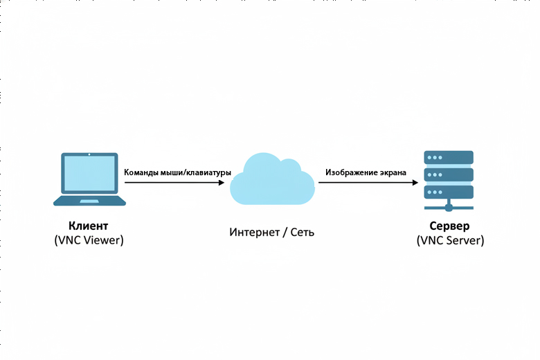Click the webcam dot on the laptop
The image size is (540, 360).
89,153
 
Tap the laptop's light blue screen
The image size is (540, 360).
89,174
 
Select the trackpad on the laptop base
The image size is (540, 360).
89,201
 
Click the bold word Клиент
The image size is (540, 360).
89,226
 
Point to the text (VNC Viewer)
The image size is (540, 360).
89,240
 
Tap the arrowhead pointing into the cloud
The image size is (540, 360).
220,183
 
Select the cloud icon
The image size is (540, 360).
271,181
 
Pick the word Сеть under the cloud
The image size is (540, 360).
301,232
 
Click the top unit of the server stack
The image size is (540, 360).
449,157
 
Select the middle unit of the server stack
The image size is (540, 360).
449,174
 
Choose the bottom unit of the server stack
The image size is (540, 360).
449,191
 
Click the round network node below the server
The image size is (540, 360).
449,206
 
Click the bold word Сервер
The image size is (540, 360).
449,226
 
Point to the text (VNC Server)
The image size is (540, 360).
449,240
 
